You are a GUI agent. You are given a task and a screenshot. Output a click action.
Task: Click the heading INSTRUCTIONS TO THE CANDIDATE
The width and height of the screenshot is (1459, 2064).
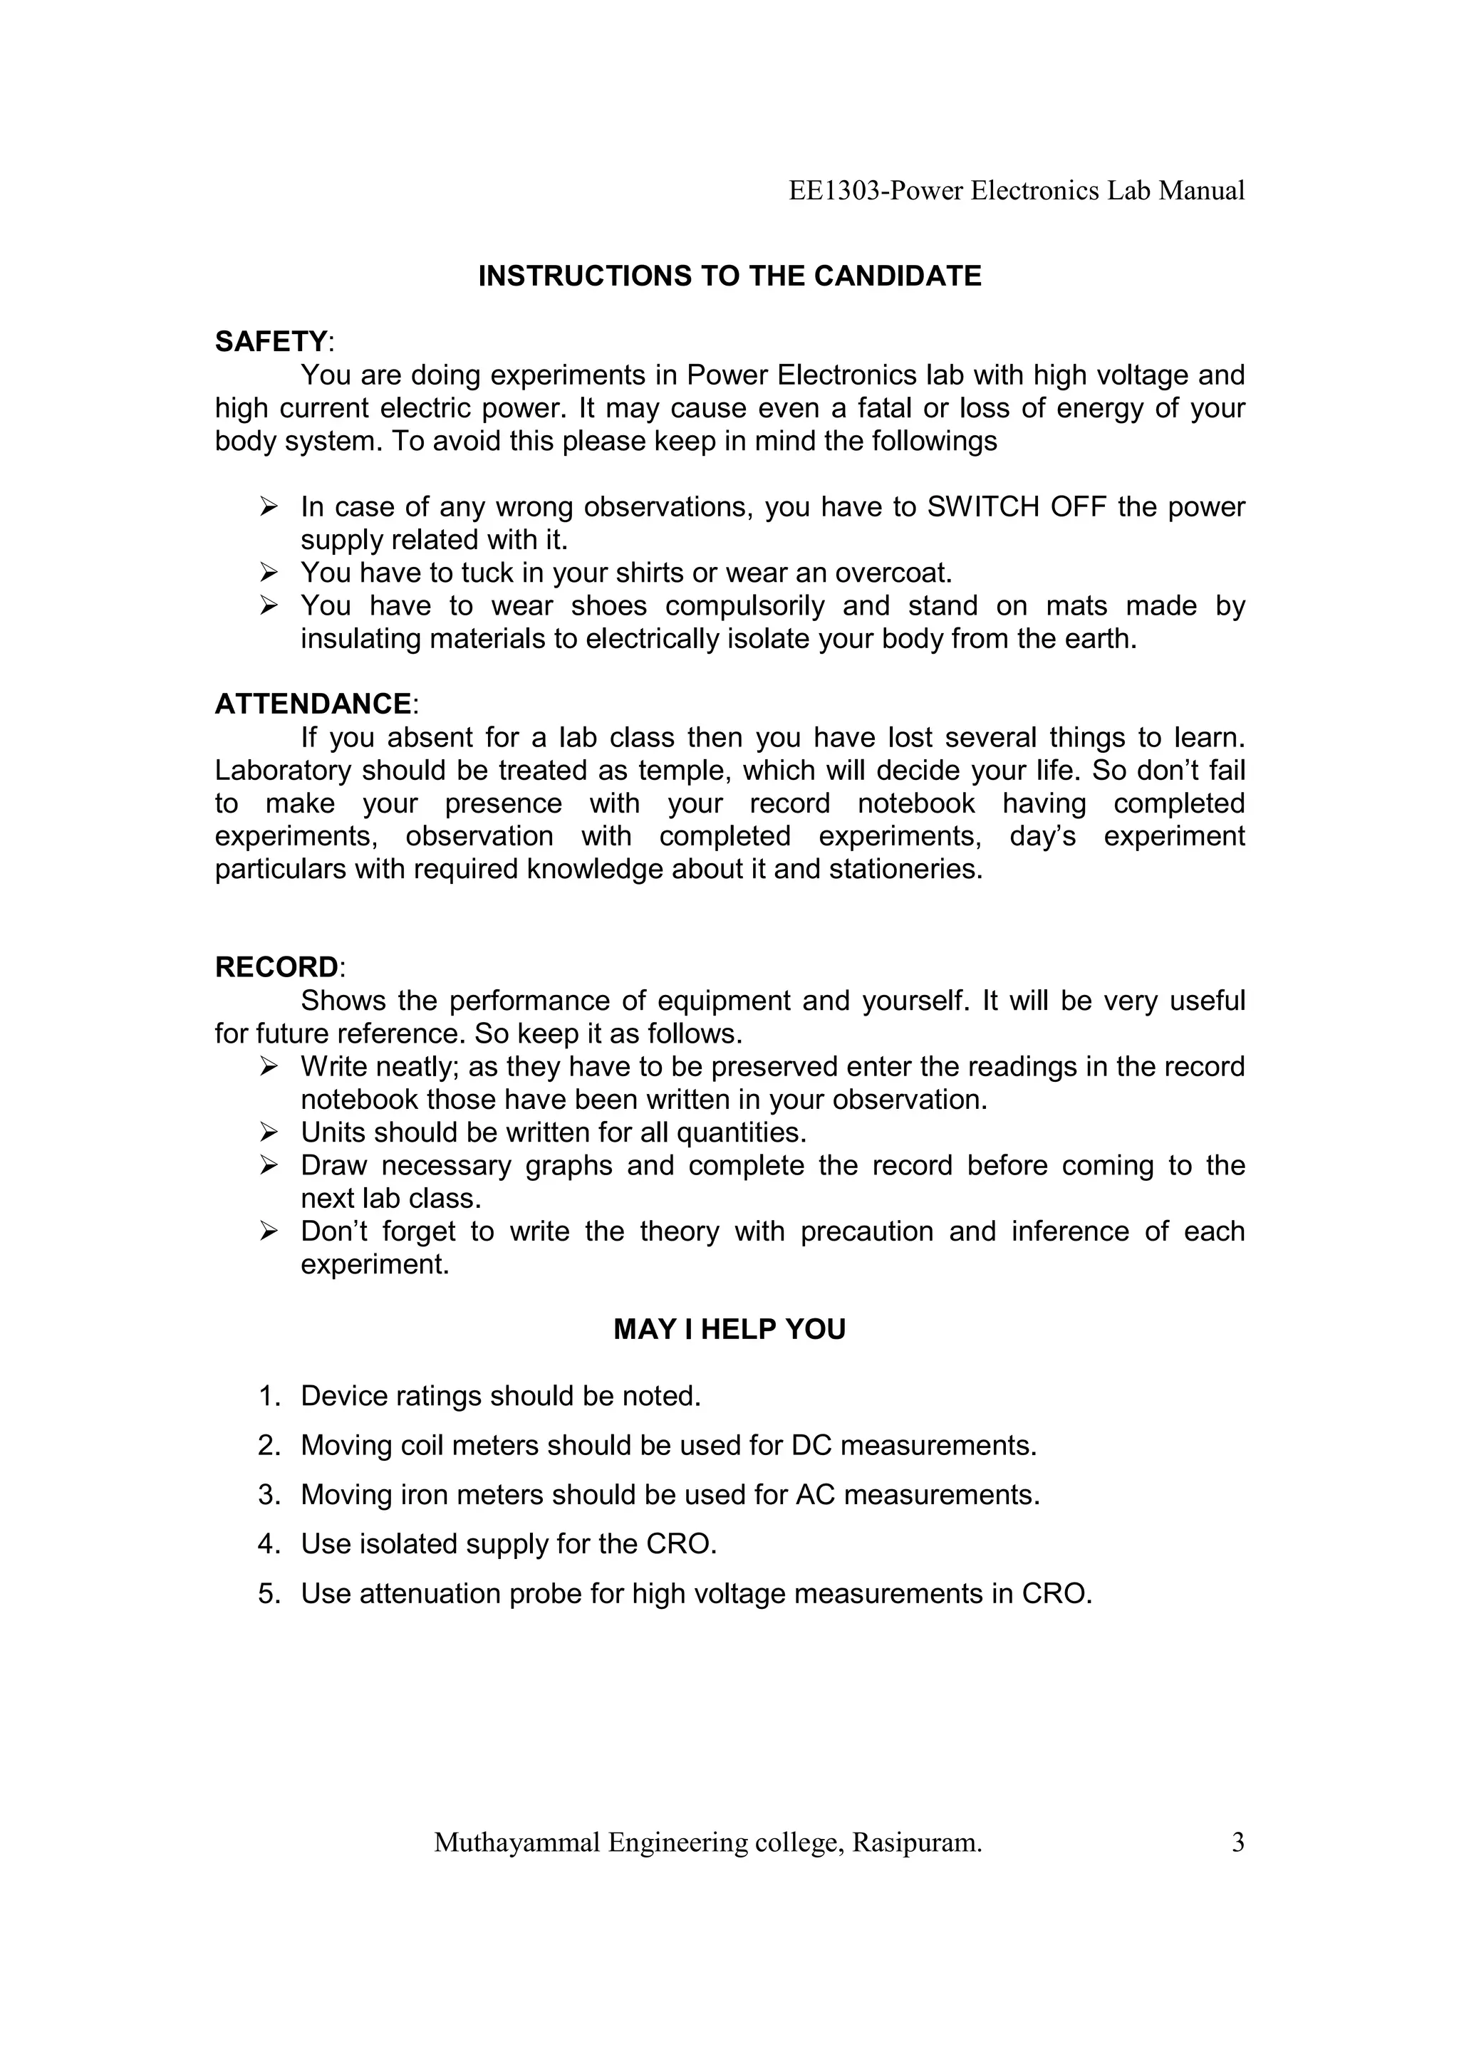(729, 276)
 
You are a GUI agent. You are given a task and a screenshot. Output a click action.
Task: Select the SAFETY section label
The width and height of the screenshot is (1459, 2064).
(271, 342)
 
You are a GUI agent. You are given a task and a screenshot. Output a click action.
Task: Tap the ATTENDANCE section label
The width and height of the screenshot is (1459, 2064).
(313, 704)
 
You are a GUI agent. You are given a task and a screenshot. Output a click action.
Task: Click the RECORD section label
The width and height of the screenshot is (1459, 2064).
(276, 967)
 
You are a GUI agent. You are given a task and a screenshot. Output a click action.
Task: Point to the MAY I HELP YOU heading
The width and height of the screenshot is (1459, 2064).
(729, 1330)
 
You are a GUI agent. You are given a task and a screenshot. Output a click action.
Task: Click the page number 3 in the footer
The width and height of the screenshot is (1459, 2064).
(1238, 1843)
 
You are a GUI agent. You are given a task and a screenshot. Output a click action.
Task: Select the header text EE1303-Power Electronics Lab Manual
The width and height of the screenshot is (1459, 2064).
(1016, 191)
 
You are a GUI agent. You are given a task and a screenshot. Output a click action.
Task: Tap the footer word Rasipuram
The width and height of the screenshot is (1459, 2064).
(917, 1843)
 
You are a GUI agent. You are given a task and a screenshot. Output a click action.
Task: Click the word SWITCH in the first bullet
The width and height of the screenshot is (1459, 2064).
(982, 507)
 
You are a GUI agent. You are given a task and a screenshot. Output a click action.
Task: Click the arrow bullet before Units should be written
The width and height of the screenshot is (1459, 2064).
(268, 1132)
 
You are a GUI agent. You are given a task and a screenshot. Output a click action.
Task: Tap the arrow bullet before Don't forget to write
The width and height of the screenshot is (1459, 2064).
(268, 1231)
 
